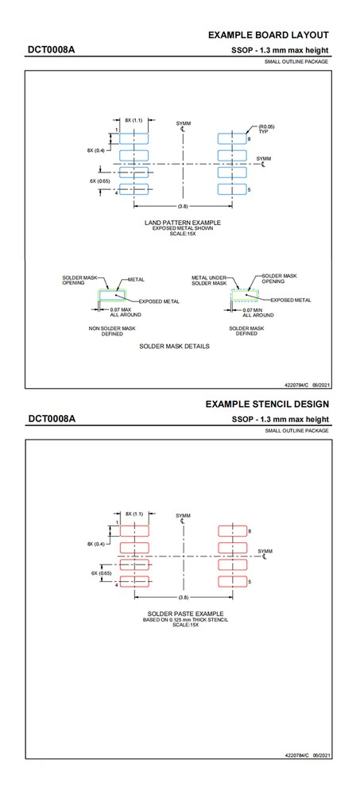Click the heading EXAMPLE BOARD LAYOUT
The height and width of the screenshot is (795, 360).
tap(268, 35)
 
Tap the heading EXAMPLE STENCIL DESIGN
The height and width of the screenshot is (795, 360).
tap(267, 404)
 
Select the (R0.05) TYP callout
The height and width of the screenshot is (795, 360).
tap(269, 129)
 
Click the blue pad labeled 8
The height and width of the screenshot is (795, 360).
tap(233, 138)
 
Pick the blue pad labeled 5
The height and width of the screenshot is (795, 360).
tap(233, 189)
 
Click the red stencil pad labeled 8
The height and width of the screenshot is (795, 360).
tap(233, 530)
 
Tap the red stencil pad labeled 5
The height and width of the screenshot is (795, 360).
tap(233, 583)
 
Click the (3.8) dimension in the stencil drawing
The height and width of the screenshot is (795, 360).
tap(183, 596)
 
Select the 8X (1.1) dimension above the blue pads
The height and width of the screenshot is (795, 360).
tap(133, 120)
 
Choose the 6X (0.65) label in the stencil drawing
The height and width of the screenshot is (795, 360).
tap(101, 572)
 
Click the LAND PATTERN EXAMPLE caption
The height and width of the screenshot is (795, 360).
tap(183, 222)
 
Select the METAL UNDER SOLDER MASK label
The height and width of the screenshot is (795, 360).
tap(209, 281)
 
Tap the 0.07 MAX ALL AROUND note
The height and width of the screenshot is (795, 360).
tap(125, 312)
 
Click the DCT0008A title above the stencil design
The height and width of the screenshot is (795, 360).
tap(52, 419)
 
